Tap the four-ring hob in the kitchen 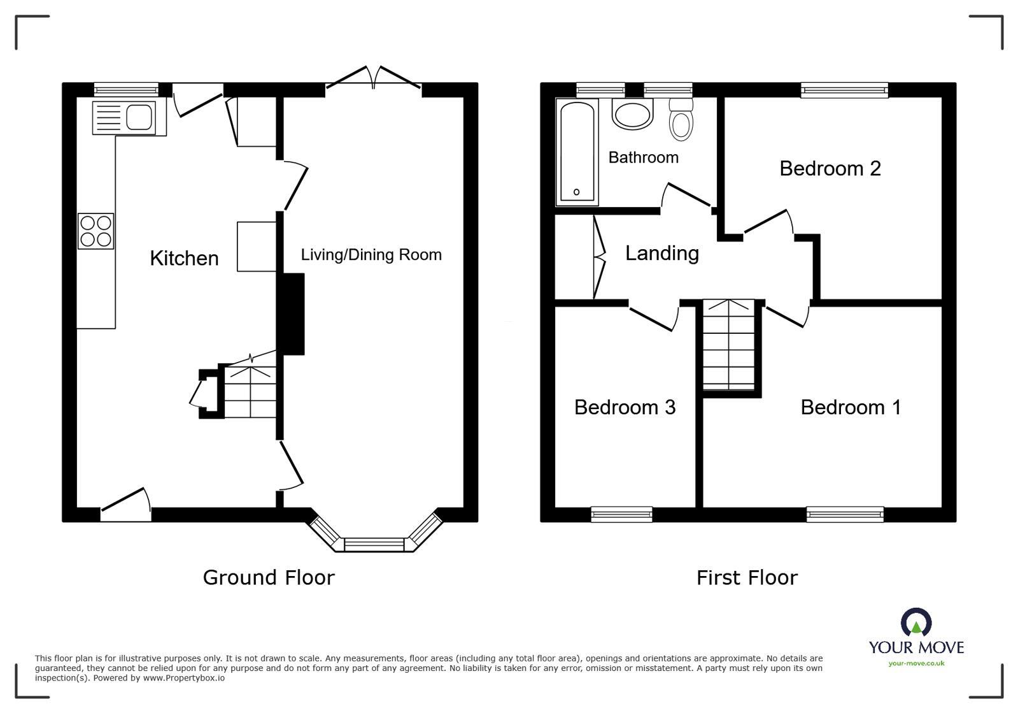[x=96, y=231]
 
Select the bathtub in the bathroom [x=577, y=152]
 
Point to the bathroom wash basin [x=632, y=114]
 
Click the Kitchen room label [x=184, y=258]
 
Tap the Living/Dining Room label [x=371, y=255]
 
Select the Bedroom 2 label [x=830, y=168]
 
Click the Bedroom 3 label [x=625, y=407]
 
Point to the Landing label [x=661, y=254]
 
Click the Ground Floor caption [x=268, y=577]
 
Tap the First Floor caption [x=746, y=578]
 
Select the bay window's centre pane [x=374, y=545]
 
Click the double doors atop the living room [x=374, y=78]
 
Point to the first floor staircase [x=729, y=344]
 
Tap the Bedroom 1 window [x=845, y=514]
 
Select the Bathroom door [x=686, y=196]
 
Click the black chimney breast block [x=293, y=314]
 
